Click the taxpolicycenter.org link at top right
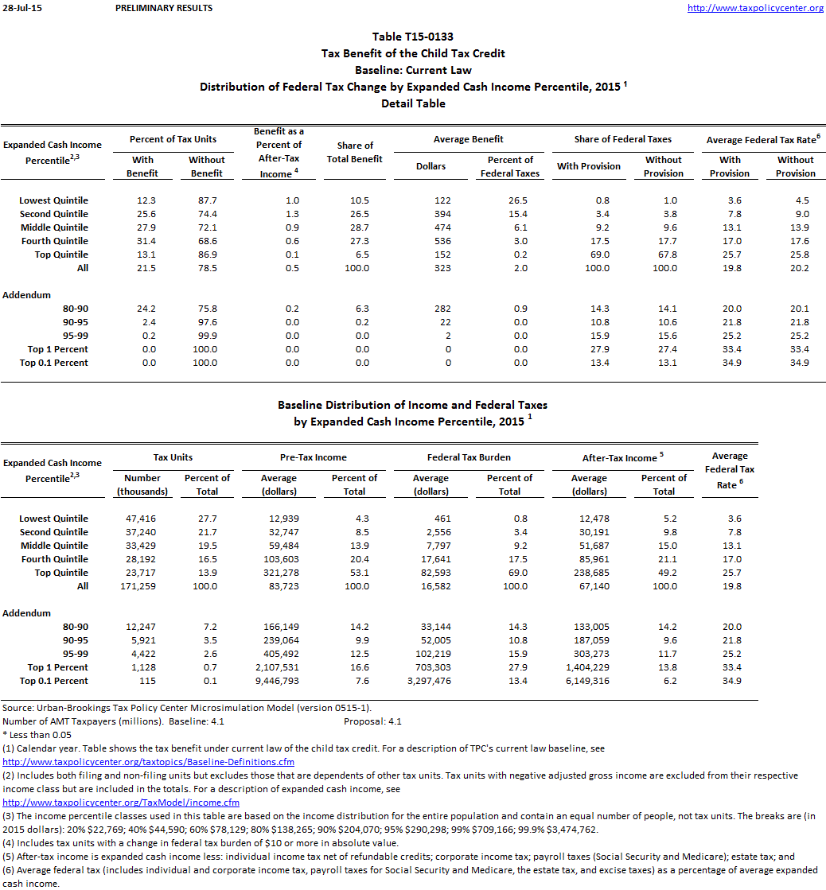point(754,8)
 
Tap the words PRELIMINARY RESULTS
point(164,8)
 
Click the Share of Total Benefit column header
point(355,152)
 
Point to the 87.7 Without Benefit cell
point(207,200)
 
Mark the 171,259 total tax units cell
point(140,586)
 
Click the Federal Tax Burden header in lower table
point(469,457)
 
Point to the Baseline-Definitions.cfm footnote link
point(148,762)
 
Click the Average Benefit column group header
point(469,139)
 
